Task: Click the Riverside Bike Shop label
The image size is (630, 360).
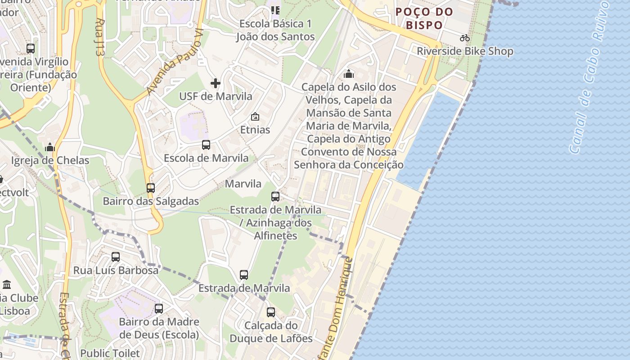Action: (x=465, y=51)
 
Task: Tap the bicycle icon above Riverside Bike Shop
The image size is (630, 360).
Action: (x=465, y=38)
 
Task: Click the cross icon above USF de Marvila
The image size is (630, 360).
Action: (x=216, y=83)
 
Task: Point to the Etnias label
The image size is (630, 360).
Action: (x=255, y=130)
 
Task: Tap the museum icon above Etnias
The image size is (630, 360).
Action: (x=255, y=117)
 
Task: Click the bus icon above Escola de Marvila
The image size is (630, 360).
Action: (x=206, y=145)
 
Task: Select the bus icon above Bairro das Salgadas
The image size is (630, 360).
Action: (x=151, y=188)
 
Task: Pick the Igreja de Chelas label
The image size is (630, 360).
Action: (x=50, y=161)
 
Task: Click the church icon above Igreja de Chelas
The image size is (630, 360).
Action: (x=50, y=147)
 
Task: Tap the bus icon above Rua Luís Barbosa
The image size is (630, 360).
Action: (x=116, y=257)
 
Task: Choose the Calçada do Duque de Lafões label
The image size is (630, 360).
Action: (x=271, y=332)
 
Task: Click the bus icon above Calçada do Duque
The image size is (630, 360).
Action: (x=271, y=312)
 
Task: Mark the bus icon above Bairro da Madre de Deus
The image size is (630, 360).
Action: (x=159, y=309)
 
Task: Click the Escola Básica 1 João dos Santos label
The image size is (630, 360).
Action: (x=275, y=30)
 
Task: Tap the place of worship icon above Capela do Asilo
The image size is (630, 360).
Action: (x=349, y=74)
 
